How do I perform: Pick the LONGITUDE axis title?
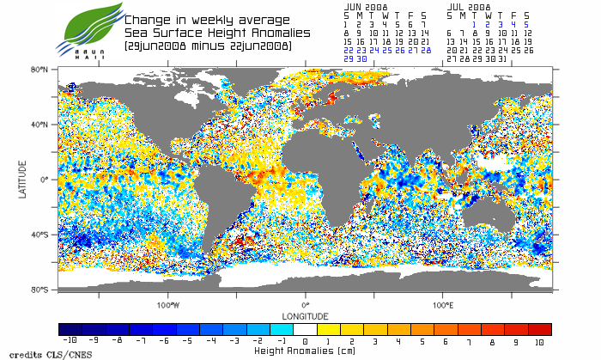click(305, 314)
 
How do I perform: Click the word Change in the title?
click(147, 19)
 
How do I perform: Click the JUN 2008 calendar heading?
click(366, 6)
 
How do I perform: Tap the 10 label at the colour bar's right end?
click(539, 342)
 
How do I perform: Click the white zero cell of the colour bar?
click(305, 329)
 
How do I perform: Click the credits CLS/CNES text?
click(39, 354)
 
